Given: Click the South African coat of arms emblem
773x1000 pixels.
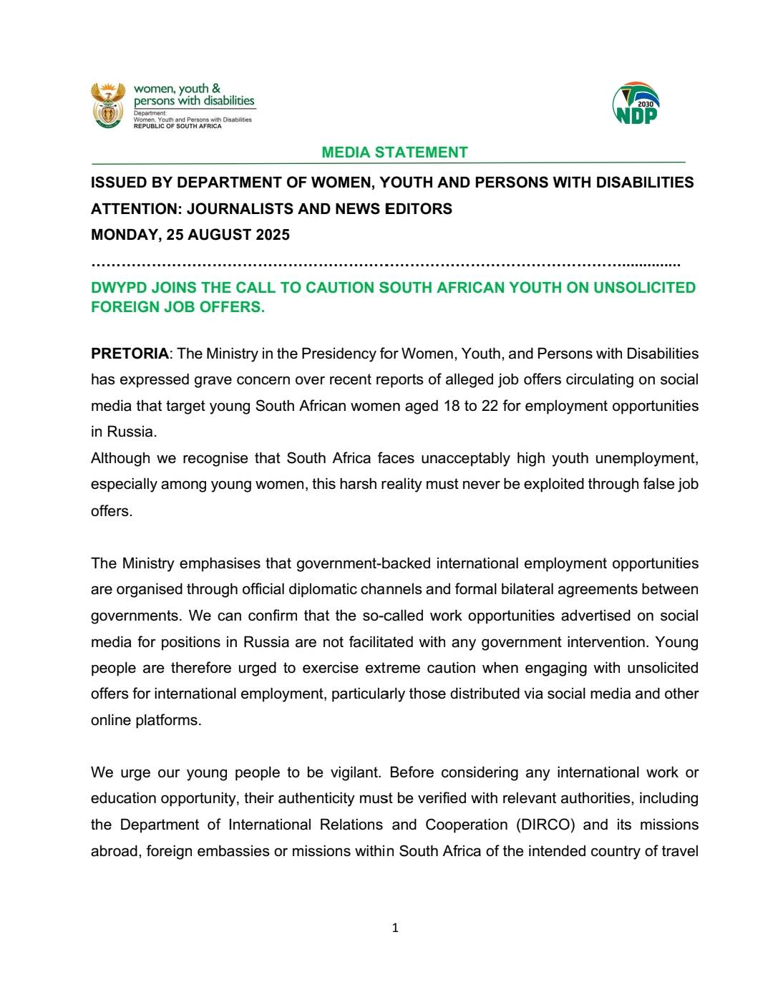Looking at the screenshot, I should coord(108,105).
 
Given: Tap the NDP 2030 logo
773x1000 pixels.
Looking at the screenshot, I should coord(636,105).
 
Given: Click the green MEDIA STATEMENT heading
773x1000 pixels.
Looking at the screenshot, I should coord(394,152).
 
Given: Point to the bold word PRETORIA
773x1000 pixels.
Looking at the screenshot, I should coord(130,354).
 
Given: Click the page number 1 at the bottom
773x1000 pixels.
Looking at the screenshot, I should coord(395,928).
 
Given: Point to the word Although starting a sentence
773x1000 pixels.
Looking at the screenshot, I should coord(120,458).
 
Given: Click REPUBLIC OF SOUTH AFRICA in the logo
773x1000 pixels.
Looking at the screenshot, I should coord(178,126).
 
